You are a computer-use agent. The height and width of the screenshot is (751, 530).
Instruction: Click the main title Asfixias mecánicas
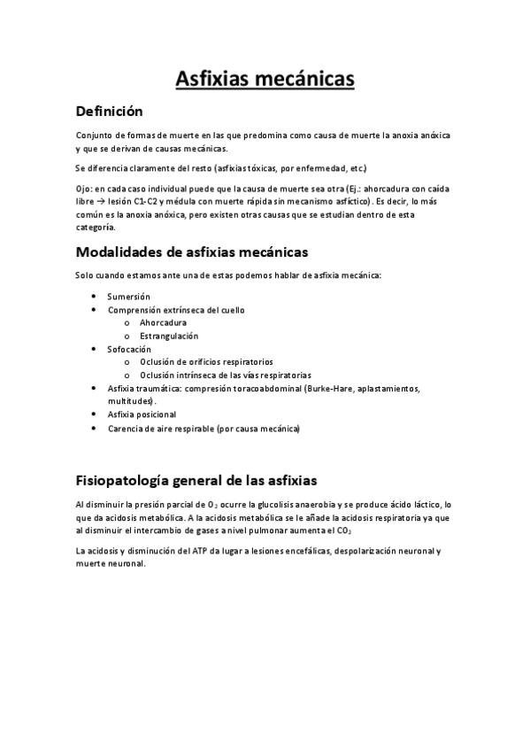265,80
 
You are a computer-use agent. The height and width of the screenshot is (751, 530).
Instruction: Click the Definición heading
110,112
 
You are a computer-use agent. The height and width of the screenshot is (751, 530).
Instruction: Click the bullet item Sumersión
129,297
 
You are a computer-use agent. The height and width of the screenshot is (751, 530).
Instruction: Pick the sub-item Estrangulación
169,336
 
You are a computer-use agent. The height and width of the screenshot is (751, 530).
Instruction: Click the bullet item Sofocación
129,349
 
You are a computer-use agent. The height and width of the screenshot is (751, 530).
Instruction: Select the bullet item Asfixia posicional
142,414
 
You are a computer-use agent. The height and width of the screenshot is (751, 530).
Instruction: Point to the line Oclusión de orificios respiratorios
206,361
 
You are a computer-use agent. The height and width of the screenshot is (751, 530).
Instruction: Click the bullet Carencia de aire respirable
204,429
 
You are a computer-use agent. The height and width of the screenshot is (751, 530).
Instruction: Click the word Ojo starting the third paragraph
83,189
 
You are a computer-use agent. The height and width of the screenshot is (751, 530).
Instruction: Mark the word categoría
96,228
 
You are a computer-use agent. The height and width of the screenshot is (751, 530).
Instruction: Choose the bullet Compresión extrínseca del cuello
175,310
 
